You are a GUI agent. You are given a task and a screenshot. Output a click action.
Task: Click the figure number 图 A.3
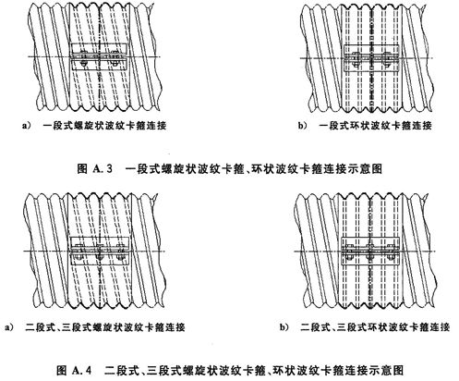pyautogui.click(x=95, y=168)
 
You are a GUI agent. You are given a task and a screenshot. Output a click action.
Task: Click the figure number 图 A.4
pyautogui.click(x=75, y=370)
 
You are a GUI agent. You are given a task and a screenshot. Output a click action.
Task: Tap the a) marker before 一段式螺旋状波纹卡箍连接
pyautogui.click(x=27, y=126)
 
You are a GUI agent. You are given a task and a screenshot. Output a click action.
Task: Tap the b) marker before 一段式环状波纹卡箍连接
pyautogui.click(x=302, y=126)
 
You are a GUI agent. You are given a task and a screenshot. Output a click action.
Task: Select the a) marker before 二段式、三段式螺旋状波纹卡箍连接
pyautogui.click(x=9, y=327)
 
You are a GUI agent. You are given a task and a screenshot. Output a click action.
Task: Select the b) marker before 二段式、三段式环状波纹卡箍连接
pyautogui.click(x=284, y=327)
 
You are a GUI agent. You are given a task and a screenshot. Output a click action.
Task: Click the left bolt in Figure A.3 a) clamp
pyautogui.click(x=83, y=58)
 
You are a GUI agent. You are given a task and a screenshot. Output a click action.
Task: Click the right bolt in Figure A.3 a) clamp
pyautogui.click(x=115, y=58)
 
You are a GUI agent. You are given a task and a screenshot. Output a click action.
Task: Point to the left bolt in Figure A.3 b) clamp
pyautogui.click(x=356, y=58)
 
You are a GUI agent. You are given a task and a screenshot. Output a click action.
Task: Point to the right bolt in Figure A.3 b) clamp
pyautogui.click(x=386, y=58)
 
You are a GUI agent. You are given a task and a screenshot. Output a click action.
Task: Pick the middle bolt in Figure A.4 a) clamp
pyautogui.click(x=99, y=251)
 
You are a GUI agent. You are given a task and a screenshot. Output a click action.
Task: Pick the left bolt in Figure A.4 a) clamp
pyautogui.click(x=79, y=251)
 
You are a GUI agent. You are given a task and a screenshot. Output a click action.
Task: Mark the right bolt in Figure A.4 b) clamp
pyautogui.click(x=391, y=252)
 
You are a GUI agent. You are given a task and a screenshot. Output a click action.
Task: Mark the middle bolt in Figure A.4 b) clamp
pyautogui.click(x=370, y=252)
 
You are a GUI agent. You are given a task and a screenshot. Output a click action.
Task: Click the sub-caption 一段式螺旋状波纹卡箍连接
pyautogui.click(x=104, y=126)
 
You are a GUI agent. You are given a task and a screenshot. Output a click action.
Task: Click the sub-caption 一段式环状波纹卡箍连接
pyautogui.click(x=375, y=126)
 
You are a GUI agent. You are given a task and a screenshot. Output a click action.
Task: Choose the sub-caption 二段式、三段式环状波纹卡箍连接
pyautogui.click(x=375, y=327)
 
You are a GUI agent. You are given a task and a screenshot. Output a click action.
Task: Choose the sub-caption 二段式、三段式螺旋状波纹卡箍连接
pyautogui.click(x=105, y=327)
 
